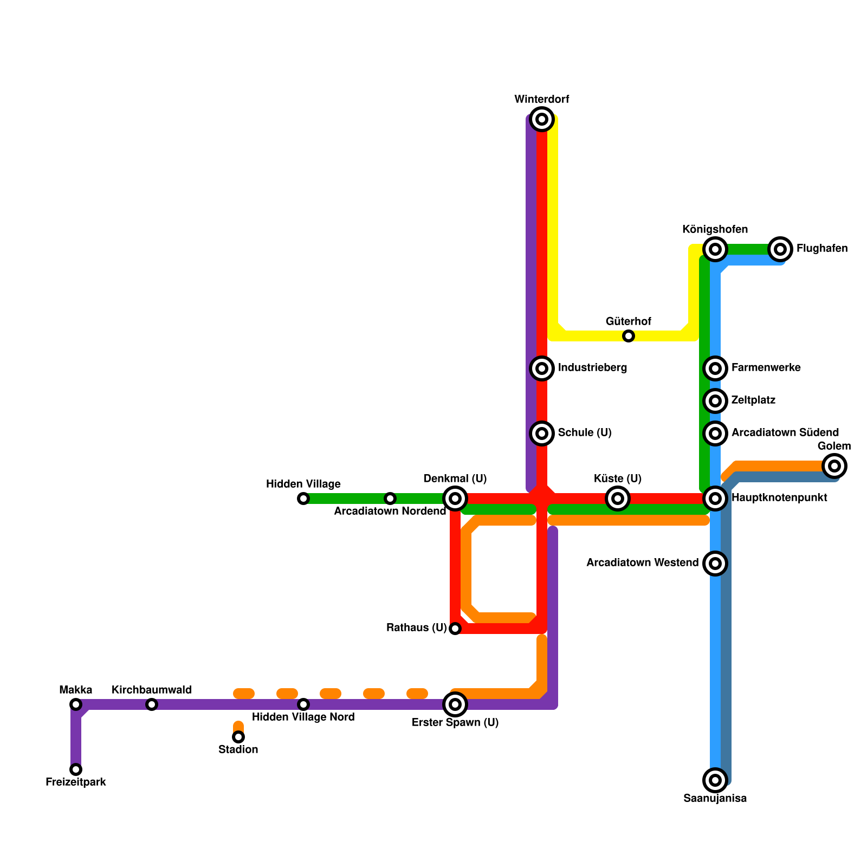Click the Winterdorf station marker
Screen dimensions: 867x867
coord(542,119)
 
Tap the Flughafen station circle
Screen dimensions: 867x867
coord(780,249)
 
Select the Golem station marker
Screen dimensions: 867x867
coord(834,466)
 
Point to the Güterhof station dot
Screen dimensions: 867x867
coord(629,336)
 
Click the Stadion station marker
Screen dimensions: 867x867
coord(238,737)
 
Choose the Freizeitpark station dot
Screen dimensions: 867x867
coord(76,769)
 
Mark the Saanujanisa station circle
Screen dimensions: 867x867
coord(715,780)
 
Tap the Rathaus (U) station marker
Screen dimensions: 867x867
coord(455,629)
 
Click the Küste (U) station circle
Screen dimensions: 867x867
coord(618,499)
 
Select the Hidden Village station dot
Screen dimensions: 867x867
coord(303,499)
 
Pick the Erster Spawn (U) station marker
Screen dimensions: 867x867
coord(455,704)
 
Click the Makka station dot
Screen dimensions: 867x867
coord(76,704)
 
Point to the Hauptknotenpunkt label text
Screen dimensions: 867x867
coord(779,498)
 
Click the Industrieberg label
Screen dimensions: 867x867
coord(592,368)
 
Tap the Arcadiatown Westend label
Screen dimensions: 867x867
coord(642,563)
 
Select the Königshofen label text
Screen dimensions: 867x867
coord(715,230)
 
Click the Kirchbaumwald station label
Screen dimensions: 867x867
coord(152,690)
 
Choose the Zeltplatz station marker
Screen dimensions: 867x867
coord(715,401)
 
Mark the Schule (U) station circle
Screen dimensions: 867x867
coord(542,433)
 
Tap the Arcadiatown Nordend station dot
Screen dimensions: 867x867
coord(390,499)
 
